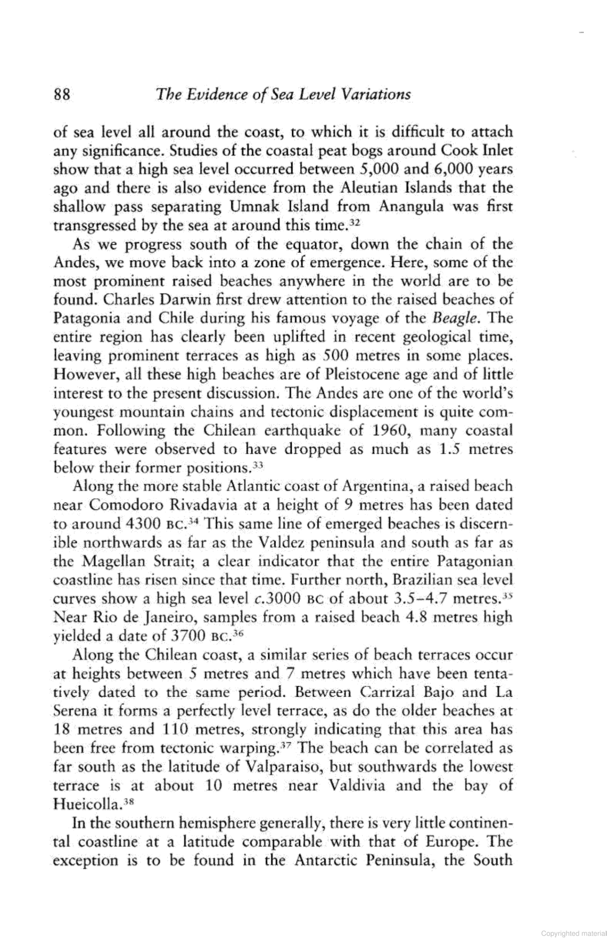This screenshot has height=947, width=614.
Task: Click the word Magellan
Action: coord(119,562)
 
